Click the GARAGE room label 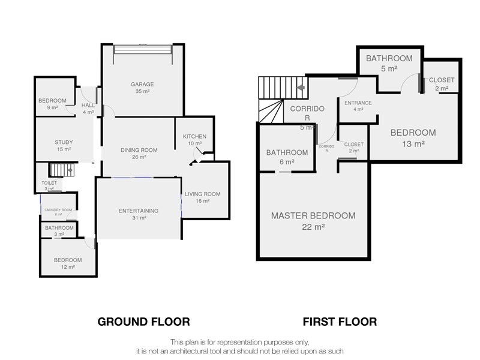[142, 84]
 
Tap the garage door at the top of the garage [143, 50]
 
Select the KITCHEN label [194, 137]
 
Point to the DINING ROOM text [139, 150]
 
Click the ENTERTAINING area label [139, 211]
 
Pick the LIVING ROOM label [202, 194]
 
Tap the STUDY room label [64, 142]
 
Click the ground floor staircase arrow [70, 170]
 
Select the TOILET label [49, 183]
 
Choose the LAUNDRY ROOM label [58, 210]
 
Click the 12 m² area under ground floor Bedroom [68, 267]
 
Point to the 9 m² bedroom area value [52, 107]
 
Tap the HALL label [88, 106]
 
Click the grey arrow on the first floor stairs [301, 88]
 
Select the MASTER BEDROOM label [313, 215]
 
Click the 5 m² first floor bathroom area [389, 68]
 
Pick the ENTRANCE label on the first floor [358, 103]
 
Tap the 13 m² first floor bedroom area [413, 143]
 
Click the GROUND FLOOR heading [143, 322]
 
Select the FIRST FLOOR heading [340, 322]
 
